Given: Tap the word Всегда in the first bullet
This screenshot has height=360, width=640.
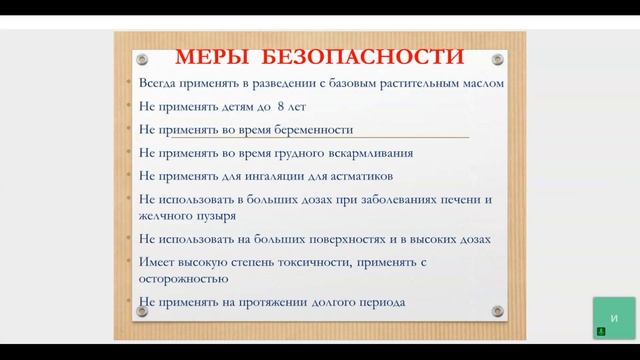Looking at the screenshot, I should (x=158, y=83).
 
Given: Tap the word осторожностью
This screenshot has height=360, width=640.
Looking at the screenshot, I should (x=182, y=278).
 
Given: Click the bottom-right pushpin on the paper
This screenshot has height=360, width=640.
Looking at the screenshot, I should (x=497, y=311).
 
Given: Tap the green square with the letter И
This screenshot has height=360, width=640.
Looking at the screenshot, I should (x=613, y=318).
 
